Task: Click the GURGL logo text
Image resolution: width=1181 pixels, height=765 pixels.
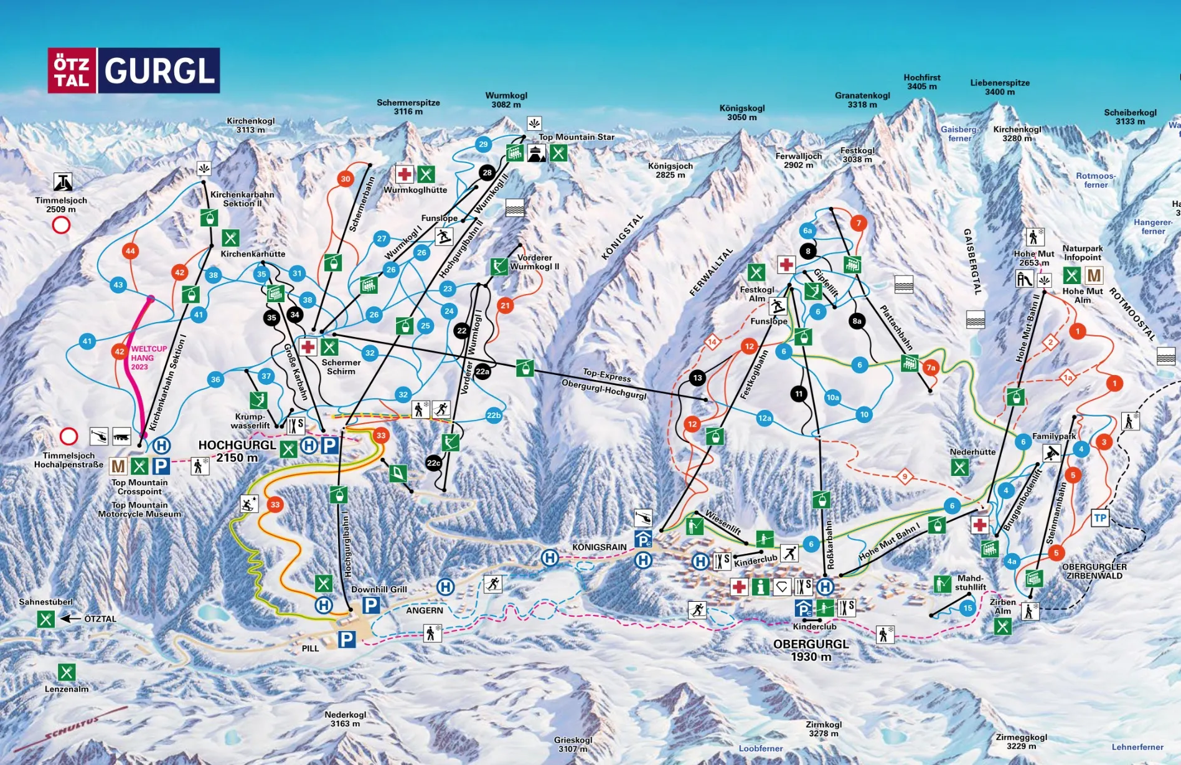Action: (159, 70)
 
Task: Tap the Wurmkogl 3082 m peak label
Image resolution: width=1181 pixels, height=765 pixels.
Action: (506, 100)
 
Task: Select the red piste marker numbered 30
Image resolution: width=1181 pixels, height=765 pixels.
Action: (346, 179)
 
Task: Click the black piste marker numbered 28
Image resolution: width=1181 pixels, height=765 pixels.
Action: (487, 173)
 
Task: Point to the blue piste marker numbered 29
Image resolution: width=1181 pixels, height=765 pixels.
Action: (483, 145)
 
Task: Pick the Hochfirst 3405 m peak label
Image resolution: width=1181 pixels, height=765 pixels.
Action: (921, 82)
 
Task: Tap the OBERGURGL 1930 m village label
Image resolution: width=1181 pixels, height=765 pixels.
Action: (811, 650)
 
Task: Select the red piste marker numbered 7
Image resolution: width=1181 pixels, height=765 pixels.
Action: (859, 223)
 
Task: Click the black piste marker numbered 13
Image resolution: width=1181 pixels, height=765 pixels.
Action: (697, 378)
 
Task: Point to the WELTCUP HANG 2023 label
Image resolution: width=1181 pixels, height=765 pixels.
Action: (148, 358)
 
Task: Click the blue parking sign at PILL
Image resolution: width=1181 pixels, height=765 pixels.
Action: (347, 639)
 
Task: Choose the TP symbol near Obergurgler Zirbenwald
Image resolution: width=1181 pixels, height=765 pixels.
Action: (1100, 518)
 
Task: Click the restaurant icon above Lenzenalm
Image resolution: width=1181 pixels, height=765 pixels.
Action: (67, 672)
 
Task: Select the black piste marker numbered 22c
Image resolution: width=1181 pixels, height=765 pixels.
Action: (433, 463)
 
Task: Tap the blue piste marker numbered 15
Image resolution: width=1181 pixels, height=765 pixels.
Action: (967, 608)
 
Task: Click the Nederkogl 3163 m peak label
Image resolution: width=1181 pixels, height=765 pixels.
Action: (345, 719)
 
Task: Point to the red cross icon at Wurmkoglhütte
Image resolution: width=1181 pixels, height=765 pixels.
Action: (405, 174)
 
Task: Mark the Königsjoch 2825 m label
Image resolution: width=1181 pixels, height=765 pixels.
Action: (670, 170)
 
